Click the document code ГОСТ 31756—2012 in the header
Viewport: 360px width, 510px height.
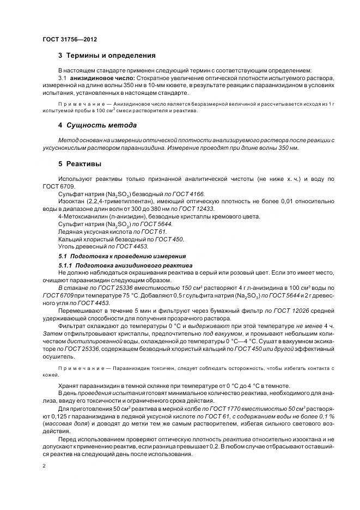click(69, 39)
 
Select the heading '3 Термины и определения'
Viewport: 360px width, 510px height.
click(107, 56)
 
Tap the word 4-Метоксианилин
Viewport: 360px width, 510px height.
click(80, 216)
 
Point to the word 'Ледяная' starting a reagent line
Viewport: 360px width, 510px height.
click(70, 232)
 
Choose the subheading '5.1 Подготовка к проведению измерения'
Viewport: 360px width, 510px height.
click(122, 256)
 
